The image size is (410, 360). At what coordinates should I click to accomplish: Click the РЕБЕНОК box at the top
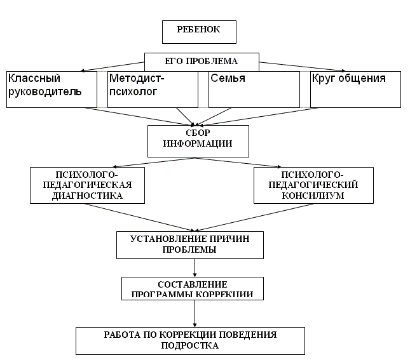[198, 31]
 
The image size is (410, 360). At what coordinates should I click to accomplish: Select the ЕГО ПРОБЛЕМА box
[202, 62]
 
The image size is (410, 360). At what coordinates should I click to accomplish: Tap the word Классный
[34, 79]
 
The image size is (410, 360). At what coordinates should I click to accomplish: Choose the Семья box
[254, 88]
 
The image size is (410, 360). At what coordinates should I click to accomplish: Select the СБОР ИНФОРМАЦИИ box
[197, 139]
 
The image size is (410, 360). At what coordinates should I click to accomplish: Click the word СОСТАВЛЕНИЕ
[192, 284]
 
